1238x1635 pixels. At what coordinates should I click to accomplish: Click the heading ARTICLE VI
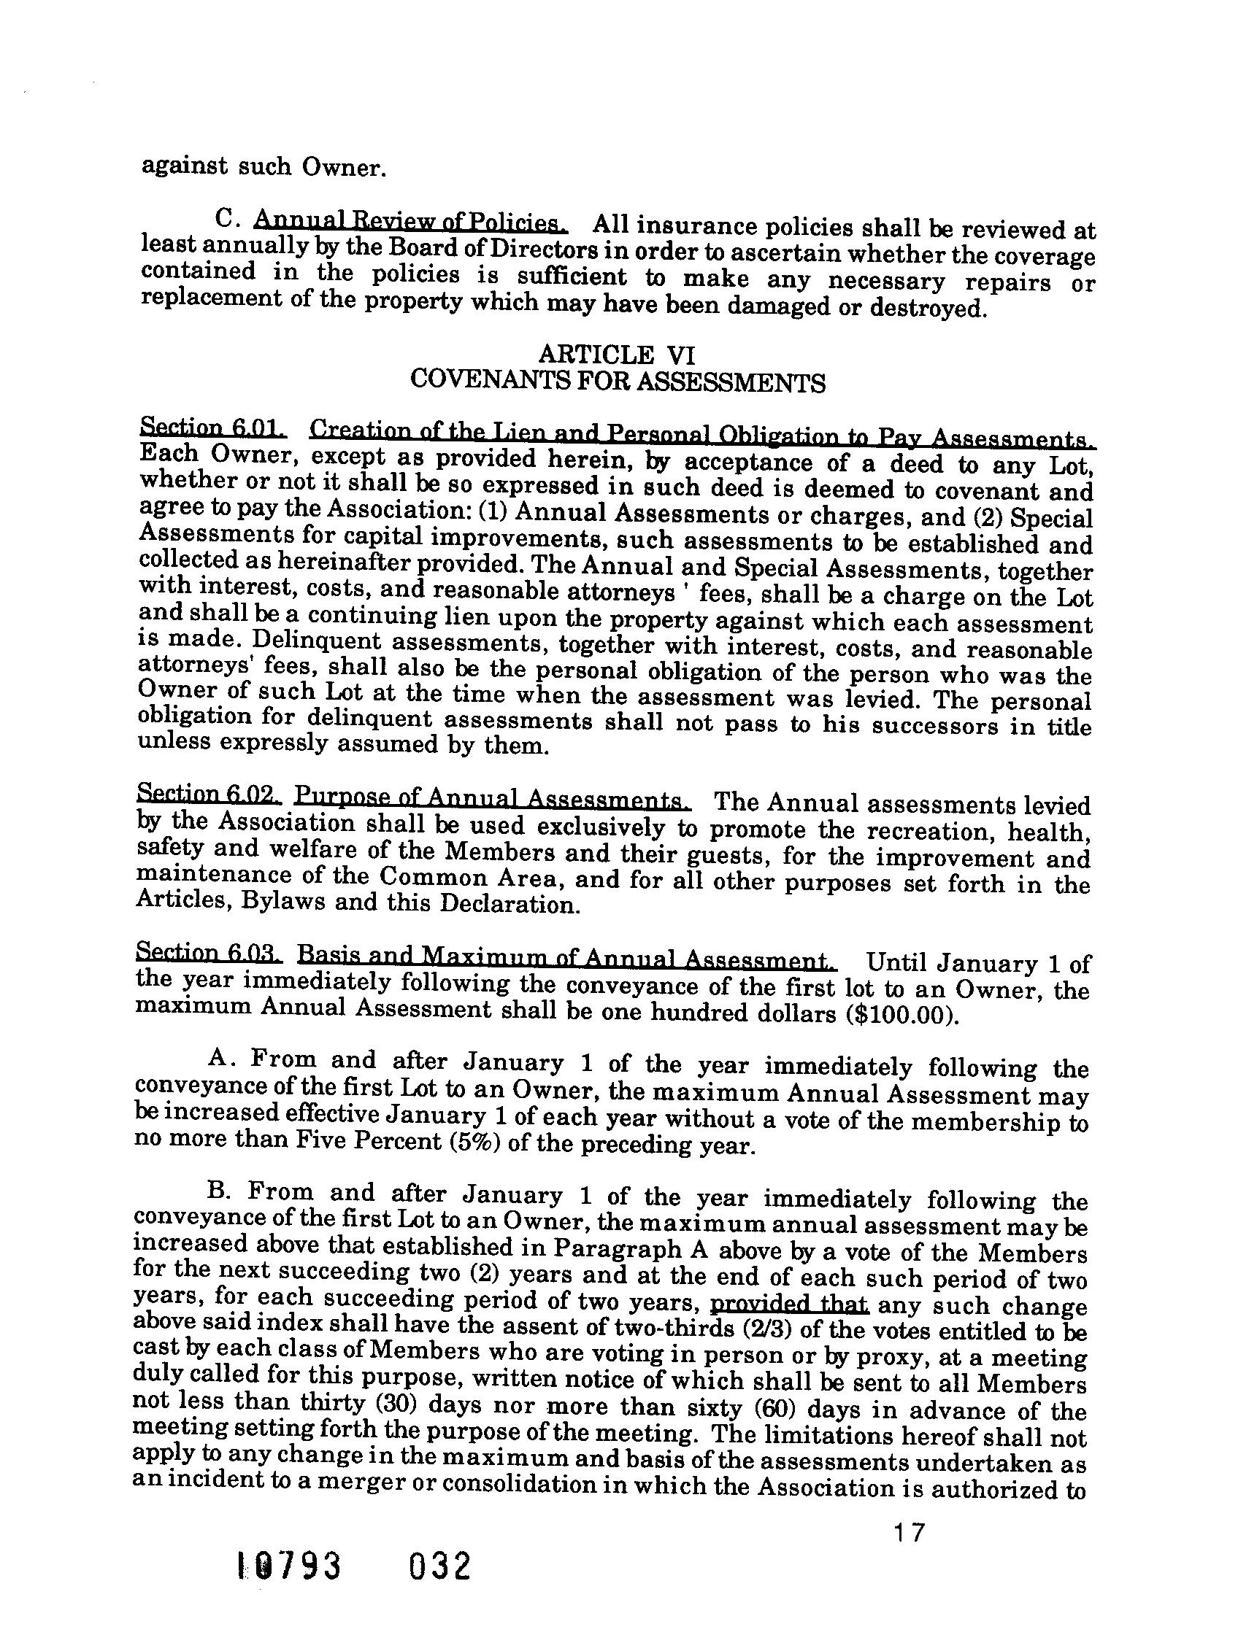(x=617, y=355)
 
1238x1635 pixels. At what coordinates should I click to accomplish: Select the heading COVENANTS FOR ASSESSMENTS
(x=617, y=382)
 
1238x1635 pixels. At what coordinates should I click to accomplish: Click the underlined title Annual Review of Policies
(x=410, y=221)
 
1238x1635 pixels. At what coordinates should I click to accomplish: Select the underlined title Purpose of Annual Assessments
(x=493, y=798)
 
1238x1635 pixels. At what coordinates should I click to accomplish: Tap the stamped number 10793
(x=289, y=1586)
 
